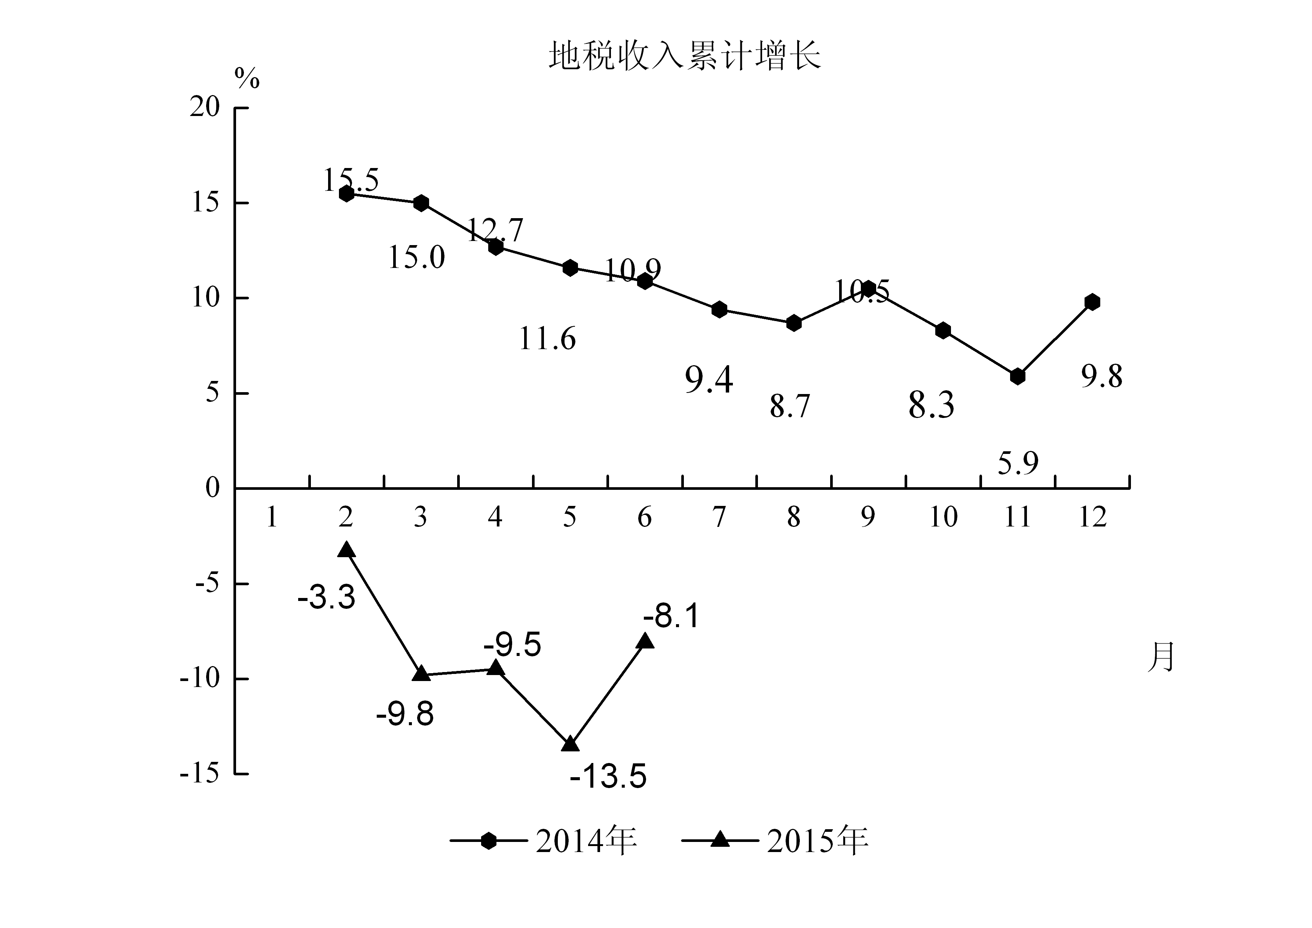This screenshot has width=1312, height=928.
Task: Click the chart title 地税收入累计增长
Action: [685, 56]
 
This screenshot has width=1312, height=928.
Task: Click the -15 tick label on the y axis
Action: [199, 774]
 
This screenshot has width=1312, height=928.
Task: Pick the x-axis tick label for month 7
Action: [719, 517]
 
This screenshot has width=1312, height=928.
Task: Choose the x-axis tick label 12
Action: [1092, 517]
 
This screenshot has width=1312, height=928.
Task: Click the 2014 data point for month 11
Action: [1017, 376]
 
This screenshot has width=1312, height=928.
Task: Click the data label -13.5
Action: [608, 776]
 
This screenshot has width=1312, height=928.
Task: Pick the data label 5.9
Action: [1018, 463]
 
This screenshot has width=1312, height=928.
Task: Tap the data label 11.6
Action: [547, 339]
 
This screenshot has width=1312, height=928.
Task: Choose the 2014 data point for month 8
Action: [794, 323]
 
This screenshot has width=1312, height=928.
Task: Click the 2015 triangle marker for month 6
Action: [645, 641]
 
